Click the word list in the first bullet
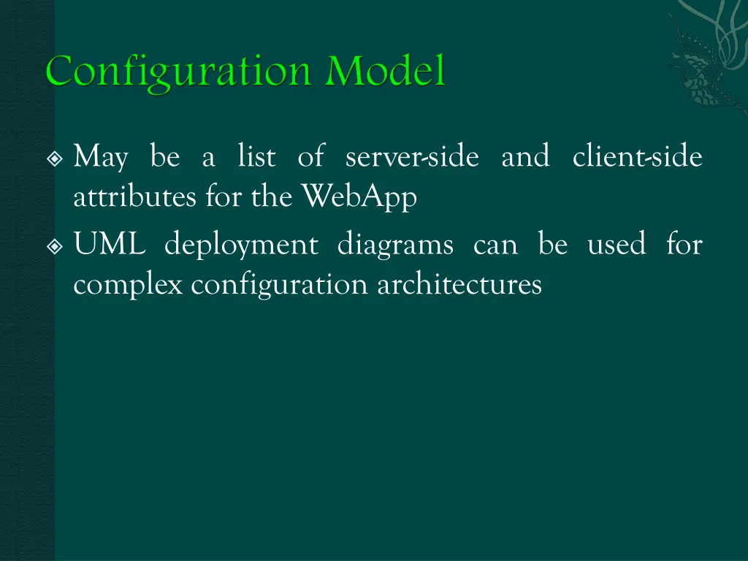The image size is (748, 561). tap(256, 156)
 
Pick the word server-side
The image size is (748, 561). tap(412, 156)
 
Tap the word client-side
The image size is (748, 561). tap(637, 156)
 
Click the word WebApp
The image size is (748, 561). tap(359, 197)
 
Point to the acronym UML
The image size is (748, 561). tap(110, 245)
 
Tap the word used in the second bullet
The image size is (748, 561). tap(617, 245)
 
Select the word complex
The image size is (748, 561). tap(128, 285)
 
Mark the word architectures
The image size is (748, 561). tap(459, 284)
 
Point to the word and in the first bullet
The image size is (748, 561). tap(525, 156)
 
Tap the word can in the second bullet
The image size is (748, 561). tap(495, 245)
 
